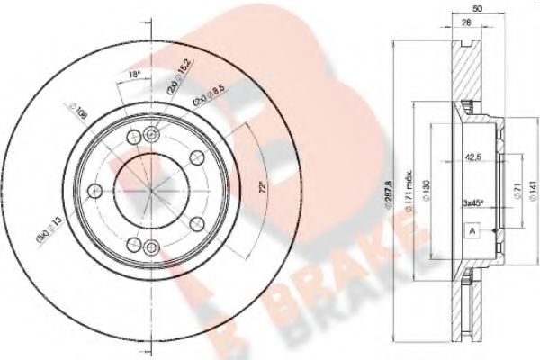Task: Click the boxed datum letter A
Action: pos(470,230)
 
